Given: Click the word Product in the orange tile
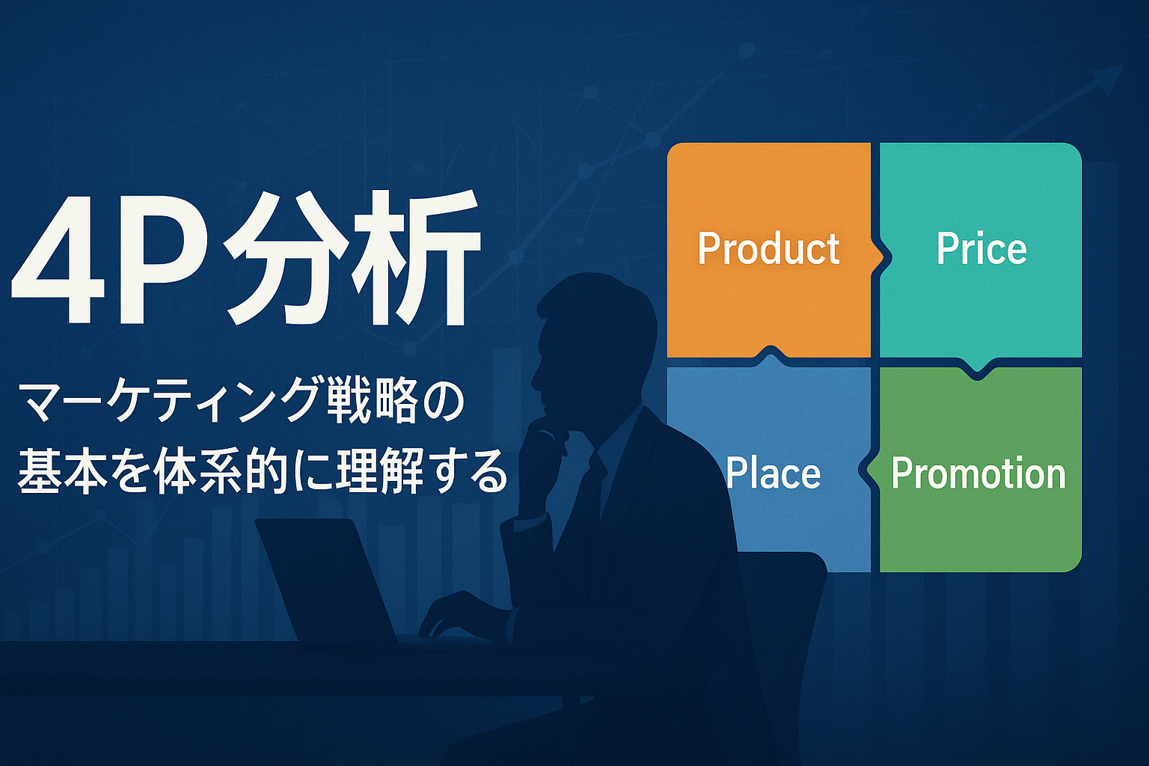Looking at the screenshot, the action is [x=768, y=249].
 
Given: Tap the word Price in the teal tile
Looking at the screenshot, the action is [x=981, y=249].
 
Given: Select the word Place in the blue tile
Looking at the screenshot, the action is [x=773, y=473].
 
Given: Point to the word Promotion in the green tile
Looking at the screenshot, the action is [x=978, y=473].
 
